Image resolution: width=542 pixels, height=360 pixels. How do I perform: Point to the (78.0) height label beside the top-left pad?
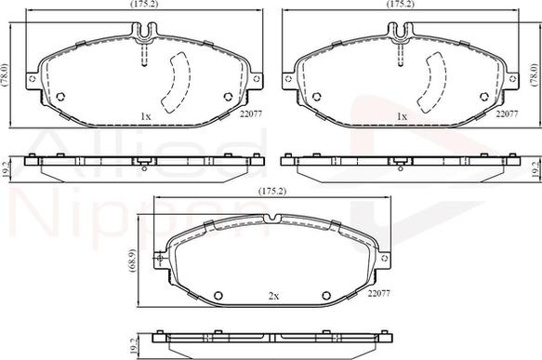(5, 74)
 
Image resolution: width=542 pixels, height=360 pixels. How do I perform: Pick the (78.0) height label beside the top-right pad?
(534, 74)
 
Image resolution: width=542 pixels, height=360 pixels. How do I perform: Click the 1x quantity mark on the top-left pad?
(145, 116)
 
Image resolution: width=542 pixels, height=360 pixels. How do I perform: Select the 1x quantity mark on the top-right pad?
(402, 116)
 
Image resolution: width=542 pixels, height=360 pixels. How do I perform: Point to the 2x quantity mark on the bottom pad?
(273, 295)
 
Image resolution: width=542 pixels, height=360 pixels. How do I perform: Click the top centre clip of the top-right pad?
(402, 33)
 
